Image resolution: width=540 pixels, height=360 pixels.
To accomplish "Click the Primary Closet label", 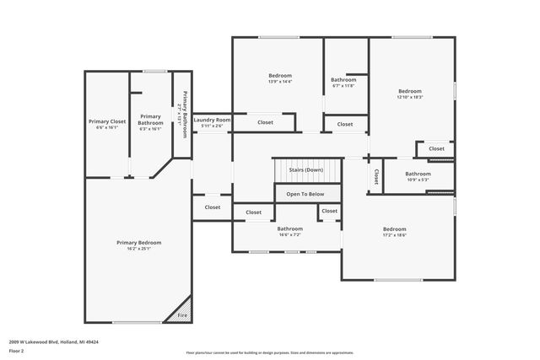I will [107, 121].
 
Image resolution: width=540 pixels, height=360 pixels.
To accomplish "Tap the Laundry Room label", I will [212, 120].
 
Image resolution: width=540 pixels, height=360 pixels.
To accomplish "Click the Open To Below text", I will [305, 194].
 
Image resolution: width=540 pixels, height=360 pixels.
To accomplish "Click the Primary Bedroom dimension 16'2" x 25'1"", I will [139, 249].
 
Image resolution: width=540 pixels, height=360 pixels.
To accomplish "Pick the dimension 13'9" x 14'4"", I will [280, 82].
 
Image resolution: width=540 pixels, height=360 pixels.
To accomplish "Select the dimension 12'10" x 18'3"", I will [410, 97].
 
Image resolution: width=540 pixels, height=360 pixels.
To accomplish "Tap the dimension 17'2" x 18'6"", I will [394, 235].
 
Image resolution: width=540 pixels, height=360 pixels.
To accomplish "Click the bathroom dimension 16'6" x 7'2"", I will [289, 234].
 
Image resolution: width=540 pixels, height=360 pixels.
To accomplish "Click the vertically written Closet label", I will [375, 176].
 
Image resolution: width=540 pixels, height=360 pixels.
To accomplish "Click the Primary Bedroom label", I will [139, 242].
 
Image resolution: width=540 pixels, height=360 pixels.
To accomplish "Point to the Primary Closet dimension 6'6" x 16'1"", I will [107, 128].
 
